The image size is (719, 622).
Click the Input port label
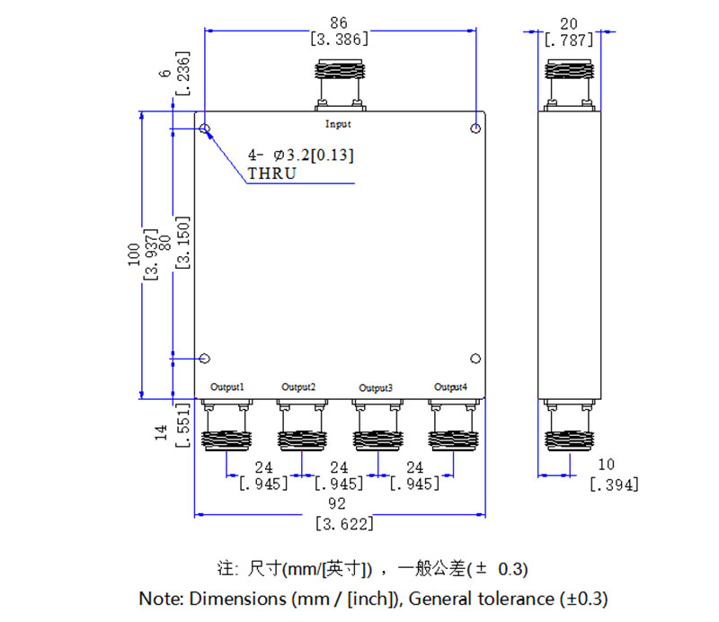[338, 124]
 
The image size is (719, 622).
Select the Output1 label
[227, 387]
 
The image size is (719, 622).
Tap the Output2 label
[298, 387]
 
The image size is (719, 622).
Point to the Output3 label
[376, 388]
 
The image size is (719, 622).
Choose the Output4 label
[450, 387]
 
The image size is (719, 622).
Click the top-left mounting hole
[206, 129]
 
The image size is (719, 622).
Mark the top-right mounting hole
[475, 129]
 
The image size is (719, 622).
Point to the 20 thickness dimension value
[569, 22]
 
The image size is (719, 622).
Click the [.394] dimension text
[614, 485]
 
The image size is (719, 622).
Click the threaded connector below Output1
[225, 440]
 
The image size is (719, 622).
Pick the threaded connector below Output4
[450, 440]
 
